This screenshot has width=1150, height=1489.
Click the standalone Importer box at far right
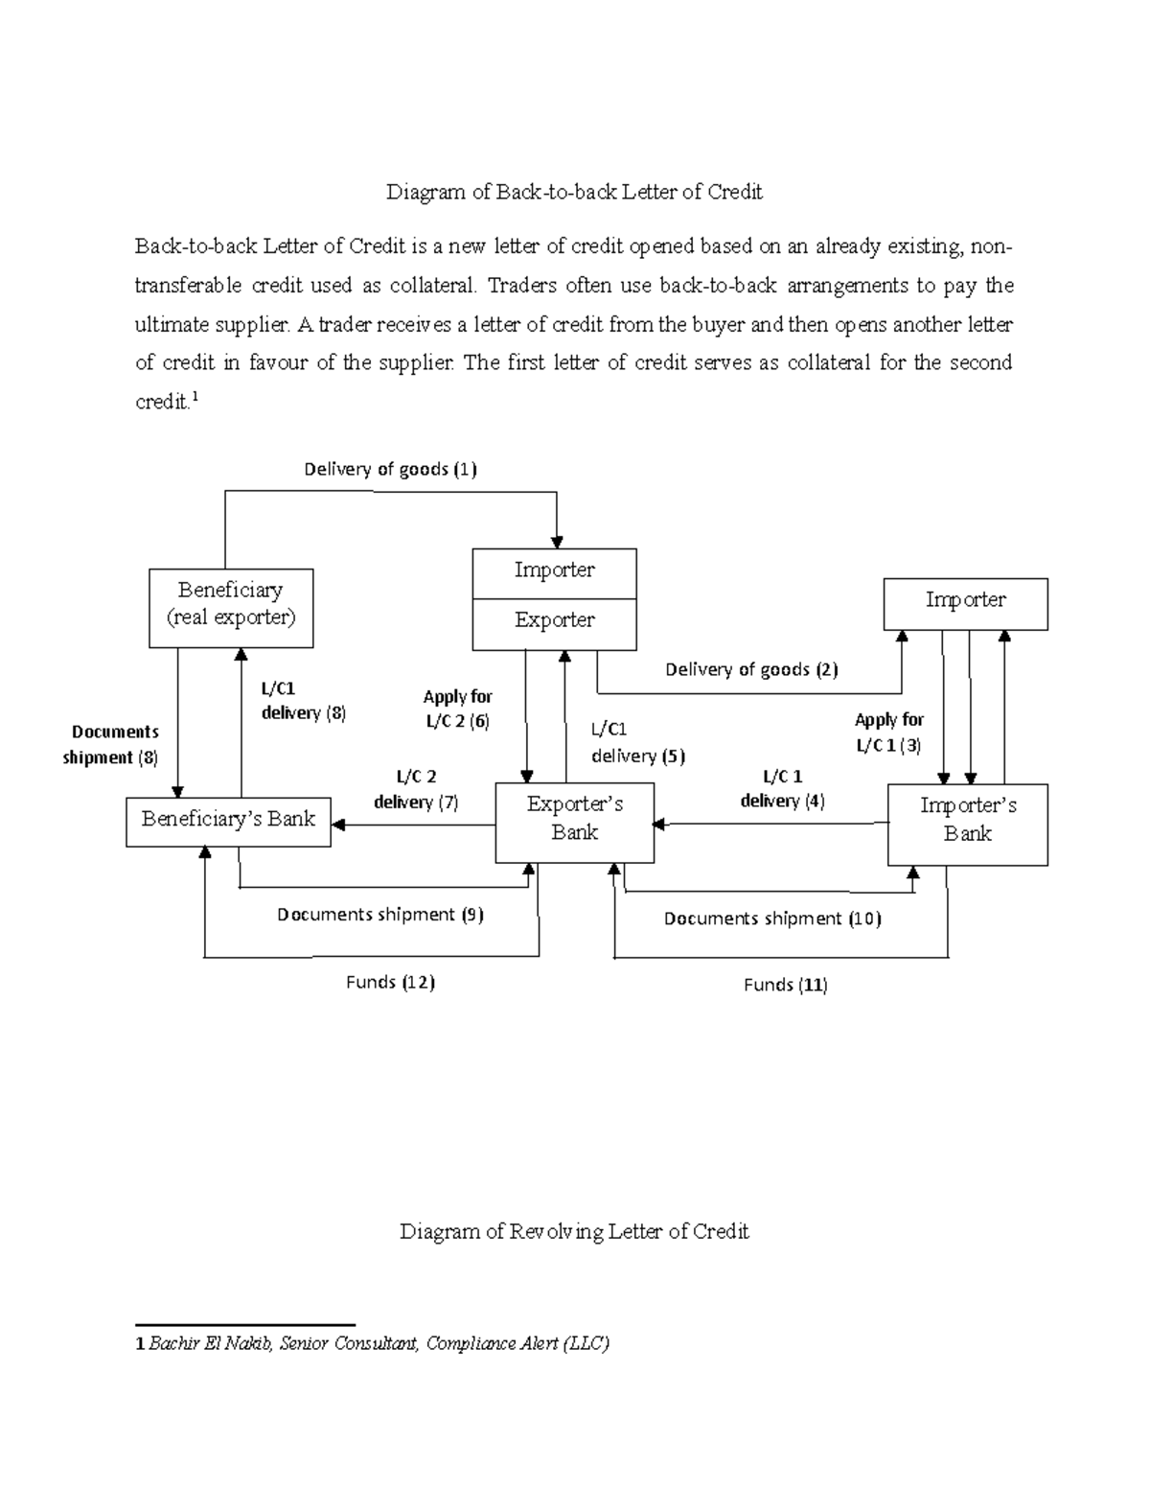(x=965, y=603)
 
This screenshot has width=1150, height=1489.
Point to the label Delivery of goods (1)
(x=390, y=469)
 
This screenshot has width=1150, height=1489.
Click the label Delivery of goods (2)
(x=751, y=670)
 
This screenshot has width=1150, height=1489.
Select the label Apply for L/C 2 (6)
(x=458, y=710)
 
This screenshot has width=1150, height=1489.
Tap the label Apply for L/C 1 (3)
(x=889, y=733)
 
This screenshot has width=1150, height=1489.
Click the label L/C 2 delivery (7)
(x=416, y=789)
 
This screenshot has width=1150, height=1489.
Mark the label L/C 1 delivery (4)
(x=782, y=788)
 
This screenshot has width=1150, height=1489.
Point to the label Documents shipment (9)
(x=380, y=915)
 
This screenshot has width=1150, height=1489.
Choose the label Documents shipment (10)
(x=772, y=919)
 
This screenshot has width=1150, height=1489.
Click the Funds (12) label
(x=390, y=982)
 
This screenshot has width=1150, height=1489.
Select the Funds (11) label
(x=786, y=985)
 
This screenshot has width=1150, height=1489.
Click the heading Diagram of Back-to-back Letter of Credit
(x=574, y=192)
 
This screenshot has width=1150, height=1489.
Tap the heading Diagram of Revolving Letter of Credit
(x=574, y=1231)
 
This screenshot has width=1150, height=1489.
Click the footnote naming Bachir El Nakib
(x=374, y=1343)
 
